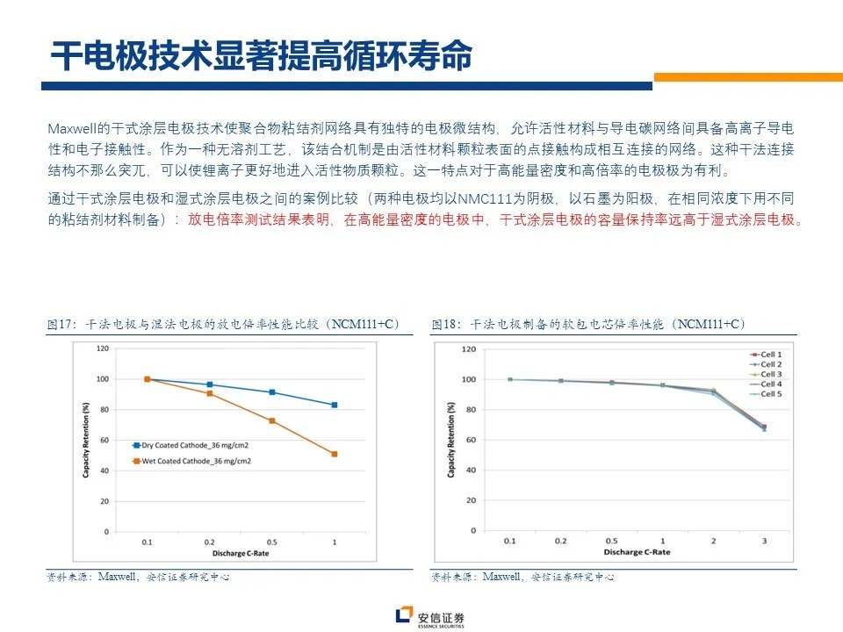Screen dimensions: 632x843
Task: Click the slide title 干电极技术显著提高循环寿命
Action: (x=261, y=55)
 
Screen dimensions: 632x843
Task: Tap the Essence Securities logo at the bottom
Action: (x=429, y=617)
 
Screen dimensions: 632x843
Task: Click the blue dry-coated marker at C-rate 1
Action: (x=335, y=405)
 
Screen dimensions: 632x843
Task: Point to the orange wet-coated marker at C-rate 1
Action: (x=335, y=454)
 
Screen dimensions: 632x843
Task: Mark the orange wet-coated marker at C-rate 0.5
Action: (x=272, y=421)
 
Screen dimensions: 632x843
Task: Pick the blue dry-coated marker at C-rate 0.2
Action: (x=209, y=384)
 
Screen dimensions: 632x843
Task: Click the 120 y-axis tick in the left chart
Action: (x=103, y=348)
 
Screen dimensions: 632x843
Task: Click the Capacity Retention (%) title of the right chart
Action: (x=451, y=440)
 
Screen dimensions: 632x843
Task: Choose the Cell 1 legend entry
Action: (x=770, y=354)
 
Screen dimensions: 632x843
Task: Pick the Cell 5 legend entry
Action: (x=770, y=395)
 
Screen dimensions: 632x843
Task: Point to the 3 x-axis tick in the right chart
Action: (x=764, y=542)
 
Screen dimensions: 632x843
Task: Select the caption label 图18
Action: (x=446, y=325)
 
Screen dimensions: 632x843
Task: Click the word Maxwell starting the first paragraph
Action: (x=71, y=127)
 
